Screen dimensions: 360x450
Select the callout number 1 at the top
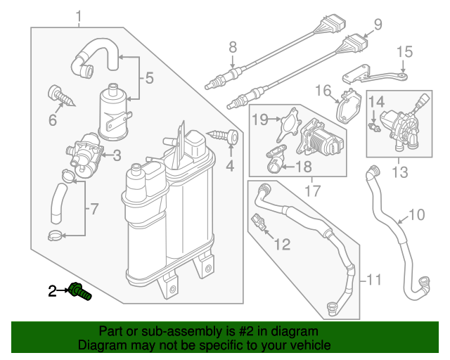click(78, 16)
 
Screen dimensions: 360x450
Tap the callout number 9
click(378, 25)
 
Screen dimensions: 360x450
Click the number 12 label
click(282, 245)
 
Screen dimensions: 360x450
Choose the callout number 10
click(417, 214)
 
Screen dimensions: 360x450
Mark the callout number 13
click(399, 172)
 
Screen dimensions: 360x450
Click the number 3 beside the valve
click(117, 155)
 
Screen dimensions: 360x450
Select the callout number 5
click(148, 79)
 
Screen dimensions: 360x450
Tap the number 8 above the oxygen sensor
click(233, 48)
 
